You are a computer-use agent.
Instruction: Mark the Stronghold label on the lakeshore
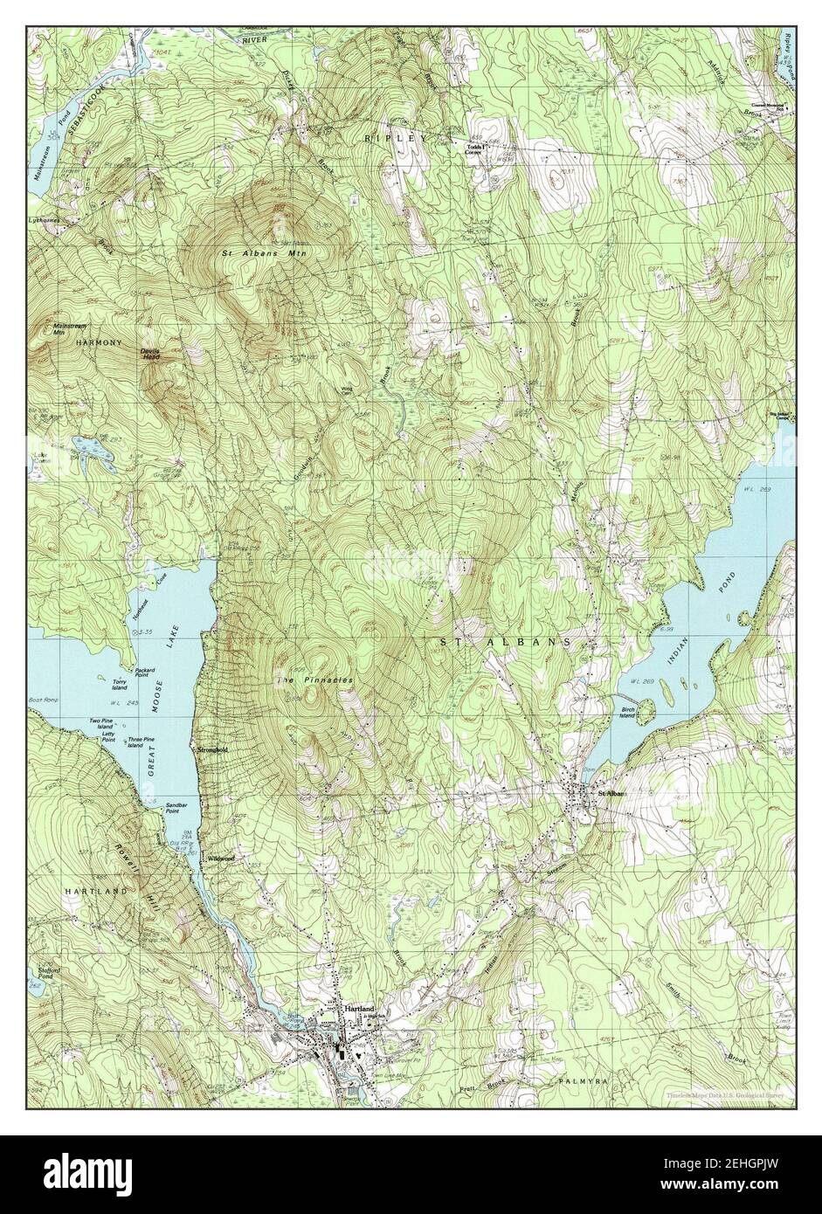pos(212,749)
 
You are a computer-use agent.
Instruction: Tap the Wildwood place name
pos(220,859)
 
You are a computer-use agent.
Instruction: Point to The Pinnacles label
pos(315,679)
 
